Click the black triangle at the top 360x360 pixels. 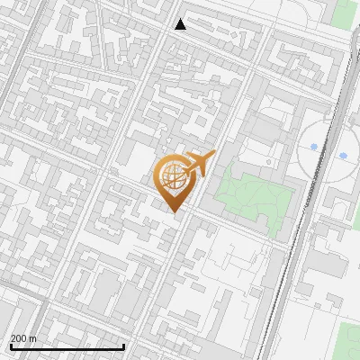tap(181, 24)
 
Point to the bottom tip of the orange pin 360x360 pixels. tap(174, 212)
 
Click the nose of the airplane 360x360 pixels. tap(212, 156)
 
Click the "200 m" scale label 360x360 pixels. tap(23, 338)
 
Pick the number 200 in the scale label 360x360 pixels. tap(19, 338)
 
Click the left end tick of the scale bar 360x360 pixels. tap(10, 345)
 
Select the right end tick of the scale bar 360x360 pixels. tap(123, 345)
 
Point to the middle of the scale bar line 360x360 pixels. tap(67, 347)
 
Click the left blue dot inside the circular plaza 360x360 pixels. tap(313, 146)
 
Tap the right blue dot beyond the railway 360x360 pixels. tap(343, 156)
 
